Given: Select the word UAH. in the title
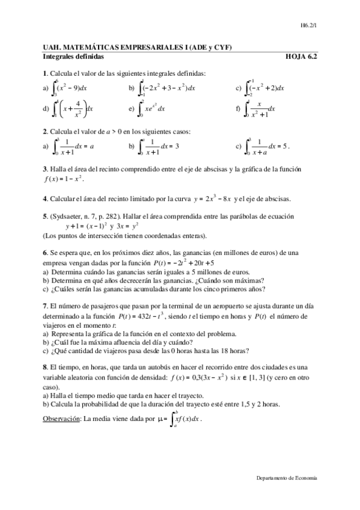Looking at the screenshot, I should (x=53, y=48).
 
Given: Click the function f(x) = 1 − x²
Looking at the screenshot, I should (x=63, y=179).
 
